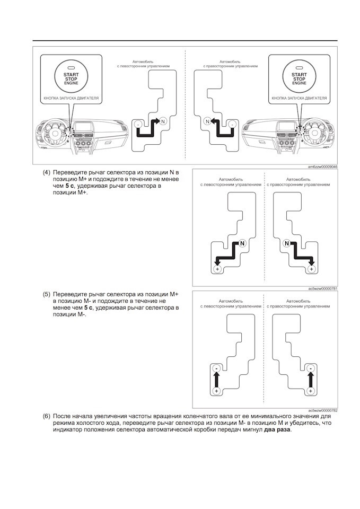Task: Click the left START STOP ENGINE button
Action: [71, 79]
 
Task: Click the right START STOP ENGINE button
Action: [300, 79]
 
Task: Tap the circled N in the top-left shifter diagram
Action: [163, 121]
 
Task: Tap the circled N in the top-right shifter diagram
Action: [208, 121]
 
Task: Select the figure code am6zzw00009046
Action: [323, 166]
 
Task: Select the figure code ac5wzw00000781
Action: [323, 288]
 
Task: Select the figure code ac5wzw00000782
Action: [323, 410]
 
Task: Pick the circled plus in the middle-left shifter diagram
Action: [217, 269]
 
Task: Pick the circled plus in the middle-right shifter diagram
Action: [311, 269]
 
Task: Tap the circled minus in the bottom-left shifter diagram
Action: [216, 368]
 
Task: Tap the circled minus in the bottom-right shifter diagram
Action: [311, 368]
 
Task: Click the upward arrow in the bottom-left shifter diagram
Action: [216, 379]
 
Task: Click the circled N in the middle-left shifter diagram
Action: [242, 243]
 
